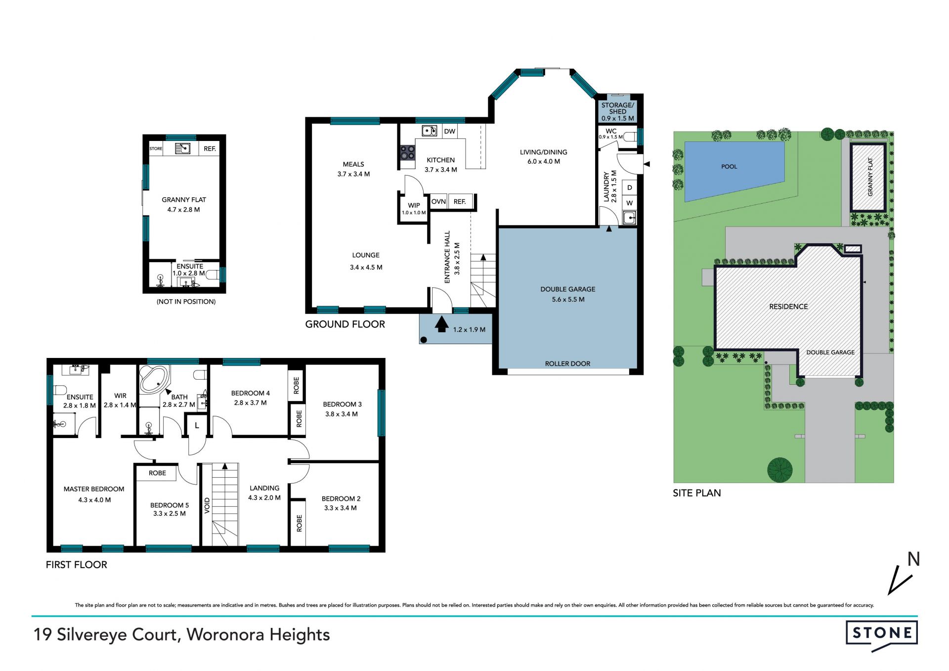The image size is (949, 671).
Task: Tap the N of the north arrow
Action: coord(913,559)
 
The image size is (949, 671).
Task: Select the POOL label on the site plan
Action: coord(729,167)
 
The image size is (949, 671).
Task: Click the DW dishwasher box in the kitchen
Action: coord(449,131)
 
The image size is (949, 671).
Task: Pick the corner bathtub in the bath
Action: coord(154,379)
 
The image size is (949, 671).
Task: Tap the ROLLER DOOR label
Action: coord(567,363)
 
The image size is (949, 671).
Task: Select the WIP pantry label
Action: coord(414,205)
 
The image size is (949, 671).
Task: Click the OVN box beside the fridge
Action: coord(438,202)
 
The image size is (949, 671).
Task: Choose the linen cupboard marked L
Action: coord(197,425)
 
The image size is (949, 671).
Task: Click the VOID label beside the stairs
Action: coord(207,506)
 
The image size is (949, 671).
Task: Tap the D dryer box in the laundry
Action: coord(629,188)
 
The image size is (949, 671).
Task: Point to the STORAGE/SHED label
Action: coord(617,108)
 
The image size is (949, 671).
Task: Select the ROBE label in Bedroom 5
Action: coord(157,473)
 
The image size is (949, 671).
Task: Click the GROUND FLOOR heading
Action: coord(345,324)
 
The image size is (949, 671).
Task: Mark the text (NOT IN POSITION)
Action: coord(186,302)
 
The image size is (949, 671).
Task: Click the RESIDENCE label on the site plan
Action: coord(788,307)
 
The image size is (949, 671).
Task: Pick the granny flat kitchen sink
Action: coord(183,148)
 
